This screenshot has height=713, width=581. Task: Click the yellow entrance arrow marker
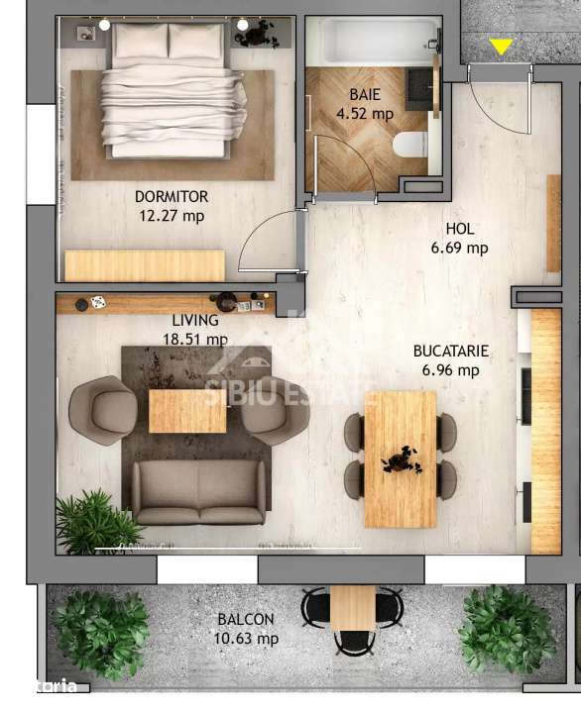pos(501,47)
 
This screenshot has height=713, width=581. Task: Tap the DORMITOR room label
pos(172,196)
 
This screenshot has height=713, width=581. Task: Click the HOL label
pos(459,229)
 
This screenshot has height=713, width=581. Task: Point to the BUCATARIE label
pos(451,351)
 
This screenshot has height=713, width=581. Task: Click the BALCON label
pos(246,619)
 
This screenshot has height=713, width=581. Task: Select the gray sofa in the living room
pos(199,492)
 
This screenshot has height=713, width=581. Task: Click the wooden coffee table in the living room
pos(187,411)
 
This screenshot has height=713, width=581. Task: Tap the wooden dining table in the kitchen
pos(401,458)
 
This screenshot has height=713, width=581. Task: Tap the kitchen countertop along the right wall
pos(545,431)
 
